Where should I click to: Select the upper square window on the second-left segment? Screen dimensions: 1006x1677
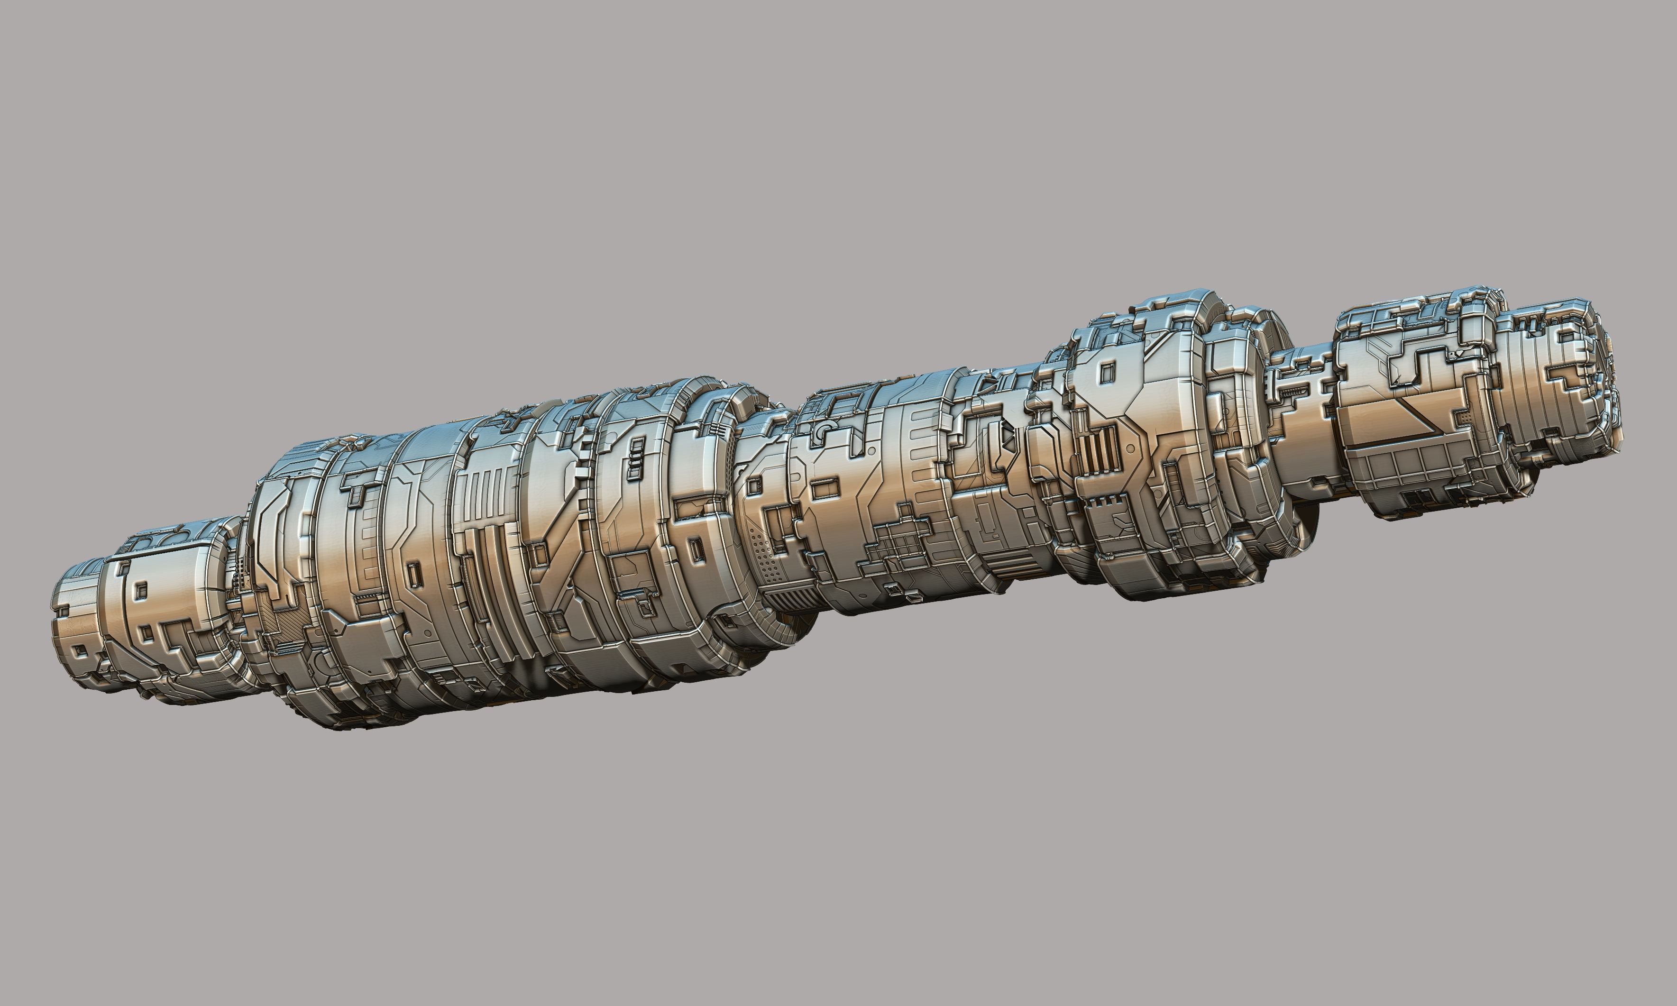coord(141,592)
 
